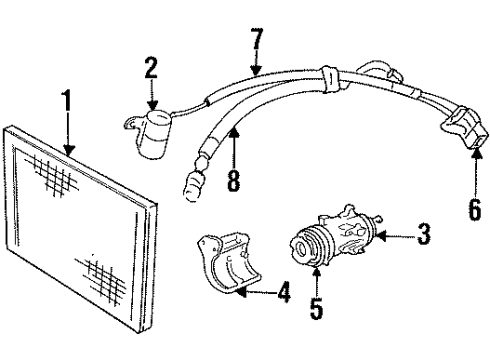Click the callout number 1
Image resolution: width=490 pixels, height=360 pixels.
pos(68,103)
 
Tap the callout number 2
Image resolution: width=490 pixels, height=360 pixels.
pos(151,68)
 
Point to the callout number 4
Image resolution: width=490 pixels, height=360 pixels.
pos(284,295)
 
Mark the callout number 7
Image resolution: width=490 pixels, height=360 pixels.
pos(257,43)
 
